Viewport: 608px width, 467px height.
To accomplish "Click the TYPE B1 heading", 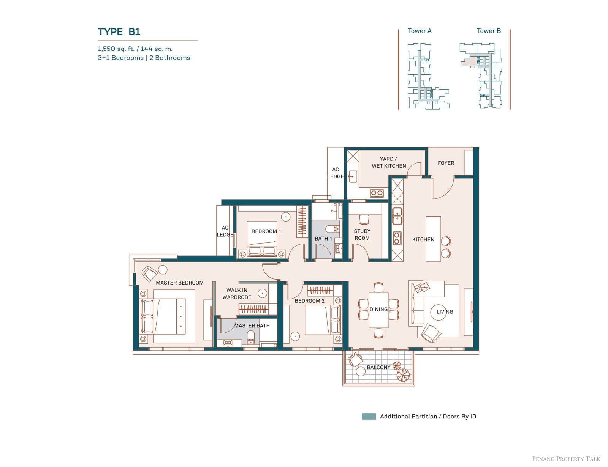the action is click(x=119, y=32).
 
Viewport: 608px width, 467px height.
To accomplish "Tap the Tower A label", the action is click(x=420, y=31).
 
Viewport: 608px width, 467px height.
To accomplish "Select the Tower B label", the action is click(x=489, y=31).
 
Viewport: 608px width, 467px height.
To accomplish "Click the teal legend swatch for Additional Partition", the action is click(x=369, y=417).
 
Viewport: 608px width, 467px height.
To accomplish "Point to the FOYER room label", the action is click(x=446, y=163).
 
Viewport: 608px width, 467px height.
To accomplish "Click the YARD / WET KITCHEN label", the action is click(x=389, y=162).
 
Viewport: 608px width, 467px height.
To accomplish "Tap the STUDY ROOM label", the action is click(x=362, y=234).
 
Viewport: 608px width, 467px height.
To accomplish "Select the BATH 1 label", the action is click(x=323, y=239).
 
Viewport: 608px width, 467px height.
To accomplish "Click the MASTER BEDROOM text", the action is click(x=180, y=283).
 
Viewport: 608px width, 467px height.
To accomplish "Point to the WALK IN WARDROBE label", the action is click(x=237, y=294).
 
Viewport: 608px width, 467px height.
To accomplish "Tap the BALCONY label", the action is click(x=378, y=367).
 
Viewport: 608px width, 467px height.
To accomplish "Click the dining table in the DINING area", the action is click(x=378, y=310).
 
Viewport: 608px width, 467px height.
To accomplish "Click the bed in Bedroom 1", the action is click(x=262, y=239).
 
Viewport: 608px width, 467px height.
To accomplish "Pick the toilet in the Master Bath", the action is click(x=250, y=338).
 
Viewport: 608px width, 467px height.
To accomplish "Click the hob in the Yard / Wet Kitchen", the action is click(x=377, y=193).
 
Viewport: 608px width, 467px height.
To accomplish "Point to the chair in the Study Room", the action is click(x=364, y=220).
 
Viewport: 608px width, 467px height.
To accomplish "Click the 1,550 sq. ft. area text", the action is click(x=116, y=49).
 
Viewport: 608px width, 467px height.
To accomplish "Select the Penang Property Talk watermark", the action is click(x=566, y=459).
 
